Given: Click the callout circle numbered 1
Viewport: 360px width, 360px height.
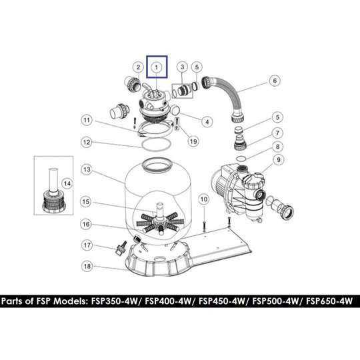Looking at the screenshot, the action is [x=157, y=67].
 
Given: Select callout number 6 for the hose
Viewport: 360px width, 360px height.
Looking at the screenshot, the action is [x=275, y=81].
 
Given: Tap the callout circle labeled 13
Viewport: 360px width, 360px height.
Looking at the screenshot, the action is [x=87, y=170].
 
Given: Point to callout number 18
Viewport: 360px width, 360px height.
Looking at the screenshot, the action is [x=87, y=266].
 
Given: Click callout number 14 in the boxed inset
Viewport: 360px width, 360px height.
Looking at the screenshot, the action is [x=67, y=184].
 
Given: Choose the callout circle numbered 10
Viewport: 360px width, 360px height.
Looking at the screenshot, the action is [x=204, y=199].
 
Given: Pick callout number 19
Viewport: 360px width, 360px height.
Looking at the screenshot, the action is [x=193, y=141].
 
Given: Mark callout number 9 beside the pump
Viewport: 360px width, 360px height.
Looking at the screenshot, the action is [x=279, y=159].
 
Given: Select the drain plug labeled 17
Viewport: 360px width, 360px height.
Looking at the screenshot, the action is [x=121, y=248].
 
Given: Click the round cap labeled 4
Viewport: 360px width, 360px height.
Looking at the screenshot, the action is [x=176, y=109].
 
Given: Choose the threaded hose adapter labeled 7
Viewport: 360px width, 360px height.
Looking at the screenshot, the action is [x=241, y=142].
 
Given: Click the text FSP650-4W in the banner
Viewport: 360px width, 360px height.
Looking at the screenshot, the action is [x=329, y=301].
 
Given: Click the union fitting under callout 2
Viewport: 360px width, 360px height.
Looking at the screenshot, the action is [x=133, y=84].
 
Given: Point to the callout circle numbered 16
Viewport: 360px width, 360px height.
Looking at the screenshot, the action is [x=86, y=224].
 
